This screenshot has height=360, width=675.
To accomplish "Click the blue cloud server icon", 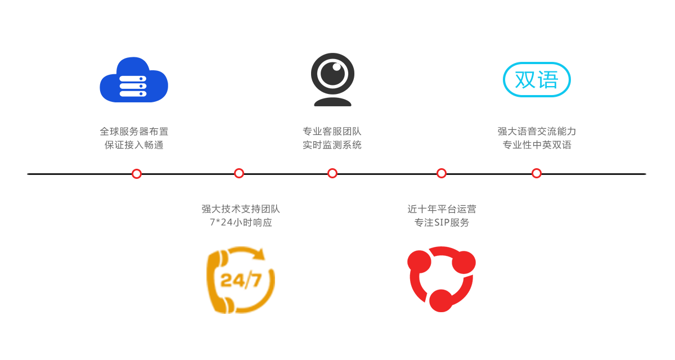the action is tap(134, 80).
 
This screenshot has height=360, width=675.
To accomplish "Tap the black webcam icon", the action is tap(332, 79).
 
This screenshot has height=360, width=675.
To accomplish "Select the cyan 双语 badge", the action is tap(537, 79).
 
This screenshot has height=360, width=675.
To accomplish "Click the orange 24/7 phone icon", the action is tap(241, 280).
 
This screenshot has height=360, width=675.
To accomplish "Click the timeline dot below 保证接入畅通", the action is tap(137, 174).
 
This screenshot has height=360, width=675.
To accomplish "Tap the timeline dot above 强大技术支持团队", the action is tap(239, 173).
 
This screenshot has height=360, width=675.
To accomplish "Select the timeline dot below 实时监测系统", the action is tap(332, 173).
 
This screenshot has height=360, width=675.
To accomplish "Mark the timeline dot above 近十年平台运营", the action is tap(442, 173).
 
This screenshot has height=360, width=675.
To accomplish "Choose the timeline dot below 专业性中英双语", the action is tap(537, 173).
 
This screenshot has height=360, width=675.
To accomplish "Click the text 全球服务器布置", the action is tap(134, 132).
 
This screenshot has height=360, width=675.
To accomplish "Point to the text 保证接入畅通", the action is tap(134, 145).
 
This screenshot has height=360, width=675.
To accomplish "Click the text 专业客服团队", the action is tap(332, 132).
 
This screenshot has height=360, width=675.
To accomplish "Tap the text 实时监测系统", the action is tap(332, 145).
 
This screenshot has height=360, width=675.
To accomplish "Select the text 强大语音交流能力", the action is tap(537, 132).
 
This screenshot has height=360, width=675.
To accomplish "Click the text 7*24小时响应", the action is tap(241, 222).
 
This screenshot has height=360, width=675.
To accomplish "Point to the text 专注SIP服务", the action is tap(442, 222).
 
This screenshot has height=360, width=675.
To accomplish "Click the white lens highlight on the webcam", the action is tap(336, 67).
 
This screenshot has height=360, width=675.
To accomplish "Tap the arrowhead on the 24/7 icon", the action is tap(259, 254).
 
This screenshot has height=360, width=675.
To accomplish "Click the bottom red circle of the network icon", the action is tap(441, 300).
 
